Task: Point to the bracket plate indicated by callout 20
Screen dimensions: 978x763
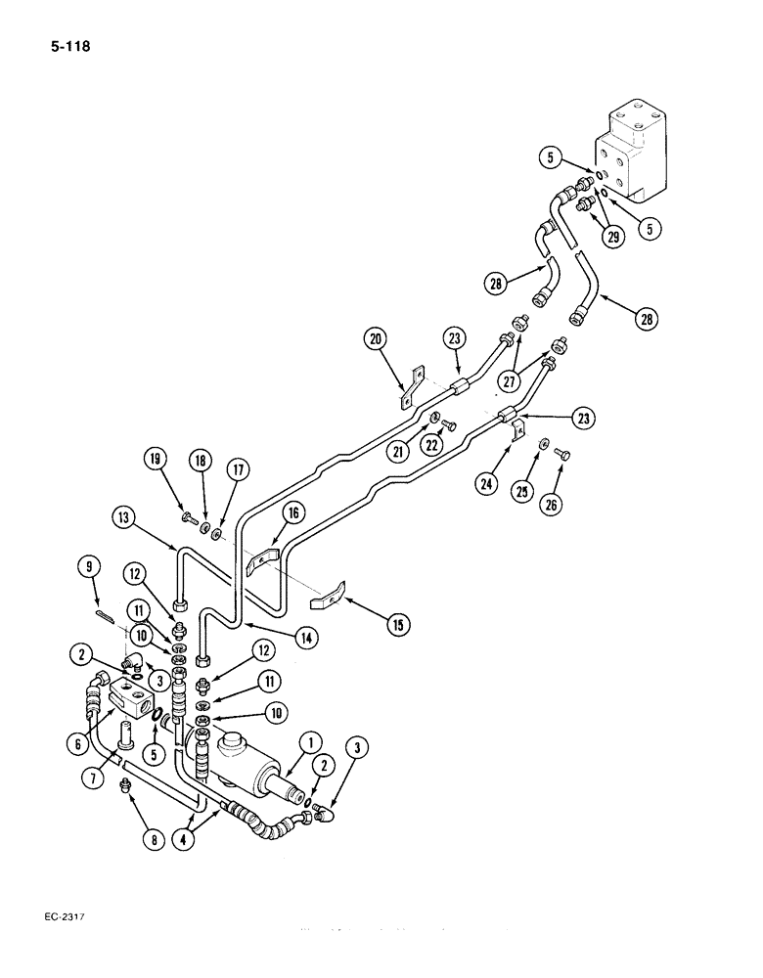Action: (x=410, y=385)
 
